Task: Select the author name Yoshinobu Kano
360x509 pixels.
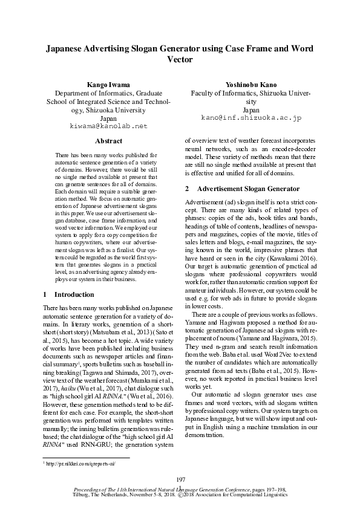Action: point(250,85)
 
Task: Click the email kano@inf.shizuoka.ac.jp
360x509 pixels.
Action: point(250,118)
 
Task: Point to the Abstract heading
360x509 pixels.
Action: point(109,141)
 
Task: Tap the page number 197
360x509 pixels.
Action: point(180,479)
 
